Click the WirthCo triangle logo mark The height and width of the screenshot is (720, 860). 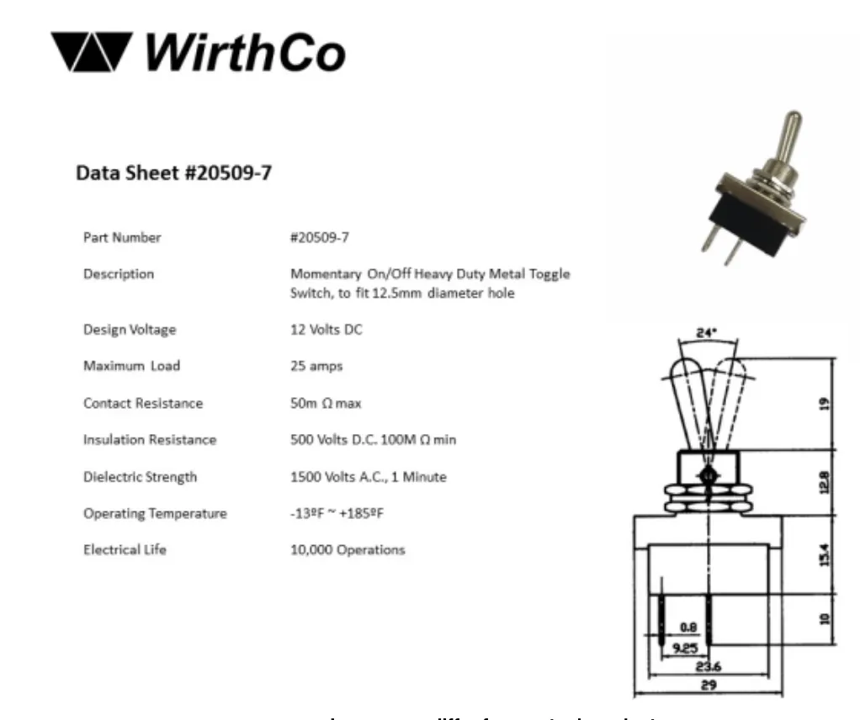coord(91,51)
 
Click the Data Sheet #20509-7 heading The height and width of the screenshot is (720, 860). coord(174,173)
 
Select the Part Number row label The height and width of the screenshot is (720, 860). coord(122,237)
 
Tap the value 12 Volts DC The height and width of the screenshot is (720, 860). coord(326,329)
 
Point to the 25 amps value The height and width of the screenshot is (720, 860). coord(316,366)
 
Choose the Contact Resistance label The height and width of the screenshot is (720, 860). coord(143,403)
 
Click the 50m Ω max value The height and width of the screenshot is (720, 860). coord(326,403)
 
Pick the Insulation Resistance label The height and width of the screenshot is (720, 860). coord(150,440)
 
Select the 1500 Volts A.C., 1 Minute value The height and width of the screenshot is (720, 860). coord(369,477)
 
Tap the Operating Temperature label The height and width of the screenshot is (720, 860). coord(155,513)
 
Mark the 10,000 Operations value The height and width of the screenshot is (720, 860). coord(348,550)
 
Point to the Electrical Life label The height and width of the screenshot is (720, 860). coord(125,550)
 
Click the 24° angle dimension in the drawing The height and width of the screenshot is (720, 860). coord(707,333)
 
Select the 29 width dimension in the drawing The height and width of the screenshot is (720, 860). coord(709,685)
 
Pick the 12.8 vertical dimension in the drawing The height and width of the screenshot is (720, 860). coord(824,480)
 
